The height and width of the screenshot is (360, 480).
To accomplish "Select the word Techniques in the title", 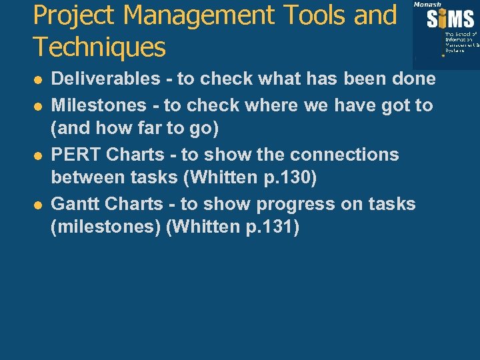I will click(x=99, y=47).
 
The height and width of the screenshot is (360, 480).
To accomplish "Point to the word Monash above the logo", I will click(x=427, y=4).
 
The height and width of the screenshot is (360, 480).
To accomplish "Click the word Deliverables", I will click(x=106, y=79).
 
